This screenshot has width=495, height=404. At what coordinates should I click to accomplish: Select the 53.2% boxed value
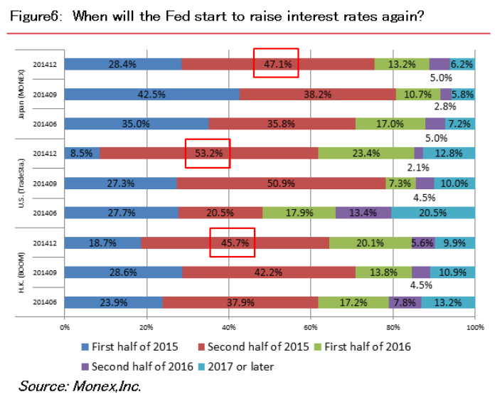coord(207,153)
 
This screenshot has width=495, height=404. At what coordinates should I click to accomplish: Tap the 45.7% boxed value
coord(232,243)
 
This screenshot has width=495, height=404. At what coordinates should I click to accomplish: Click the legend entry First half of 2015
coord(130,347)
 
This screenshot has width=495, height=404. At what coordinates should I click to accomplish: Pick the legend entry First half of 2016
coord(365,347)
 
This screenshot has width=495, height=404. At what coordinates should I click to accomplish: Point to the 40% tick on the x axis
coord(229,327)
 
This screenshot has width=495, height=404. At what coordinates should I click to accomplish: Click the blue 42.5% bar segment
coord(152,93)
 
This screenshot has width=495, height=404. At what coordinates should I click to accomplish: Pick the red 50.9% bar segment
coord(281,183)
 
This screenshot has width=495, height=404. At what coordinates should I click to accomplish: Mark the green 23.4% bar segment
coord(366,153)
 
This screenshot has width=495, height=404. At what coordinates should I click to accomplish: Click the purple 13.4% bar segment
coord(363,213)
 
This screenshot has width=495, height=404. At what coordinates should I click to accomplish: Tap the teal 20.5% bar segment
coord(433,213)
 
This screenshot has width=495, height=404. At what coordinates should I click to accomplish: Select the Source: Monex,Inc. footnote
coord(80,386)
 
